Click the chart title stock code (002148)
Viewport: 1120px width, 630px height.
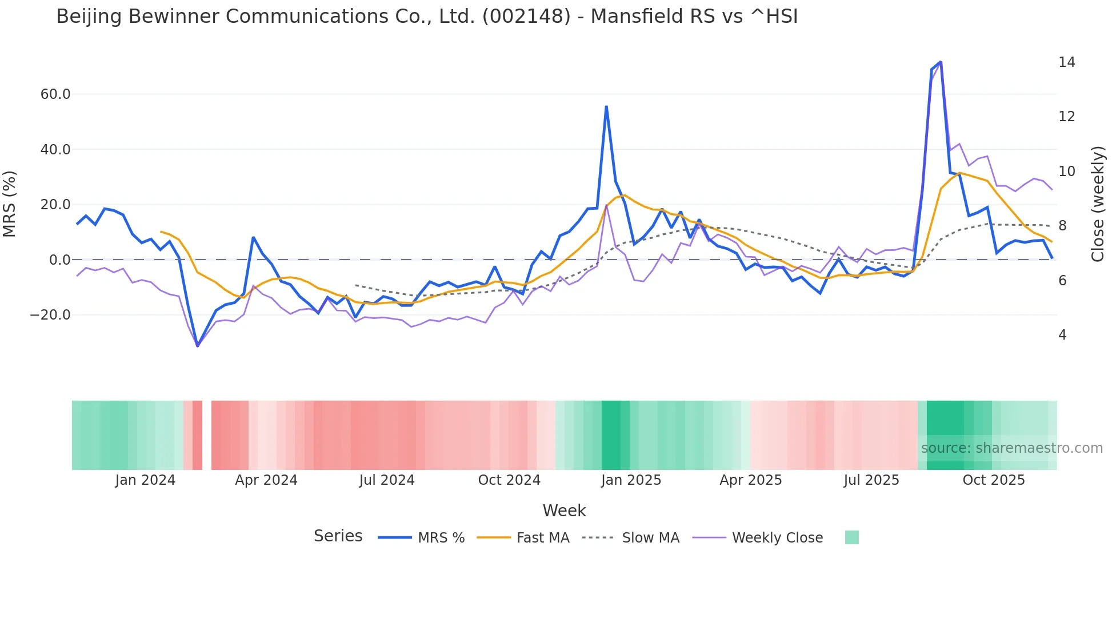point(526,17)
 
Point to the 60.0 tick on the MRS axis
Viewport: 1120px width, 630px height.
point(55,94)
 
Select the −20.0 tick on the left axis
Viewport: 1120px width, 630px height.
point(51,315)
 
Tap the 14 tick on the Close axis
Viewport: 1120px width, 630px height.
point(1066,62)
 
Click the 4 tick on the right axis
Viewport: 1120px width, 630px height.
point(1062,335)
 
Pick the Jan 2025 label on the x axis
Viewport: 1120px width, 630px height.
point(631,480)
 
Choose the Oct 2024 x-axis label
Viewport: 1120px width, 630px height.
point(509,480)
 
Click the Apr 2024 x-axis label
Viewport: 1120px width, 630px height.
point(266,480)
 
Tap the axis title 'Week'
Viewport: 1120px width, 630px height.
point(564,511)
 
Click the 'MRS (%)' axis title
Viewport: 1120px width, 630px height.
point(10,204)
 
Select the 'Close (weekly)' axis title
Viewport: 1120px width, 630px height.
point(1098,204)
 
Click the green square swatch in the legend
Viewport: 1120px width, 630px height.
point(851,537)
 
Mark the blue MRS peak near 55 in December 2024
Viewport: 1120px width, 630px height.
point(606,107)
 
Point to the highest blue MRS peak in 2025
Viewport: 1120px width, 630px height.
point(941,62)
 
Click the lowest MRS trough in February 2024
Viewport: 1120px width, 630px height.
point(197,346)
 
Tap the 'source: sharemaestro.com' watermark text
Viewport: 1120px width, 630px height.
point(1011,448)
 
